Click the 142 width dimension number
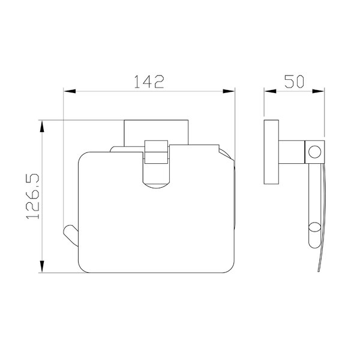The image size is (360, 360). pyautogui.click(x=149, y=82)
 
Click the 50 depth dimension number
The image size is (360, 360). pyautogui.click(x=294, y=81)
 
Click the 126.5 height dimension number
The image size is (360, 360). pyautogui.click(x=33, y=196)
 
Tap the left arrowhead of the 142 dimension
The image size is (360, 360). pyautogui.click(x=70, y=91)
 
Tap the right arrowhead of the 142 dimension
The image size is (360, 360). pyautogui.click(x=229, y=91)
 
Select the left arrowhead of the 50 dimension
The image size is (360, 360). pyautogui.click(x=270, y=91)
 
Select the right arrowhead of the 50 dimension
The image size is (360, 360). pyautogui.click(x=318, y=91)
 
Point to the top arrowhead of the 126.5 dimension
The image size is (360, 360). pyautogui.click(x=42, y=126)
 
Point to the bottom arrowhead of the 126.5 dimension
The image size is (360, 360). pyautogui.click(x=42, y=266)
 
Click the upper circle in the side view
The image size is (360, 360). pyautogui.click(x=314, y=152)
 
